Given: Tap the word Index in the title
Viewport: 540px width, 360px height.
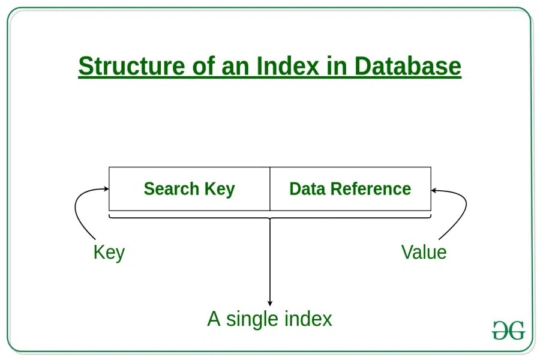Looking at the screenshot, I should pyautogui.click(x=286, y=66).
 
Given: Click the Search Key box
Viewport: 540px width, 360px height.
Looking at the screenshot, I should pyautogui.click(x=189, y=189).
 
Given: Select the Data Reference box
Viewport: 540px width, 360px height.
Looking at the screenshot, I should pyautogui.click(x=350, y=189).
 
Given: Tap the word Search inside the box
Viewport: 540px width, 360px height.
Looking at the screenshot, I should pyautogui.click(x=171, y=189).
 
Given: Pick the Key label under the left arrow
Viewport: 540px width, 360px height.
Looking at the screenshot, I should pyautogui.click(x=109, y=252).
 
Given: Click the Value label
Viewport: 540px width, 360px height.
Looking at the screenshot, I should pyautogui.click(x=424, y=252).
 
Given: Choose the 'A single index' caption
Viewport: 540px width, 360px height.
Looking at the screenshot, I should pyautogui.click(x=269, y=318).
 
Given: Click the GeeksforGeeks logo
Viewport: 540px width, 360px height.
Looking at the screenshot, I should pyautogui.click(x=508, y=330).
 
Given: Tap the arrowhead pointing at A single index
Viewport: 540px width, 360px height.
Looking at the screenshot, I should pyautogui.click(x=270, y=303).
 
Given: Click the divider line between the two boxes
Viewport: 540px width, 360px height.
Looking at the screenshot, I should pyautogui.click(x=270, y=189).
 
